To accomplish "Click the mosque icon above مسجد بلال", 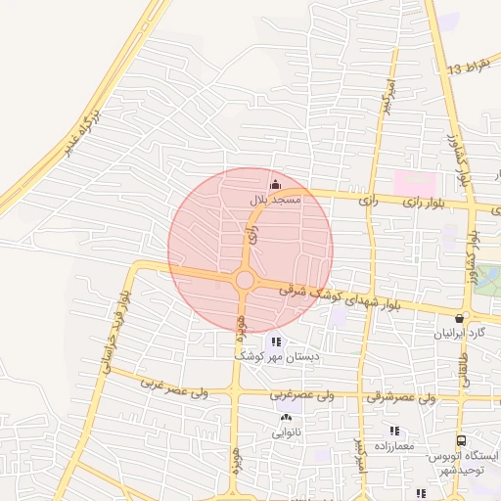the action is [275, 183].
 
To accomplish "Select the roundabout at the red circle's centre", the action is [245, 282].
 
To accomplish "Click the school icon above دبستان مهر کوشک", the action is [275, 342].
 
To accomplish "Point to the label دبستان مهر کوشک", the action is [275, 357].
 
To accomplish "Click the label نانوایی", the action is [287, 432].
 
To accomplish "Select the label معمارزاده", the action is [394, 446].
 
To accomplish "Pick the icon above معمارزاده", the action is [394, 431].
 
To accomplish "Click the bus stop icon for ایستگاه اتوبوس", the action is [461, 441].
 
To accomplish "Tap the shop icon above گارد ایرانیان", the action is [460, 318].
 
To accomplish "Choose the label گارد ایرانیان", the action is [460, 334].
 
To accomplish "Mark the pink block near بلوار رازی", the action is [415, 182].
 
